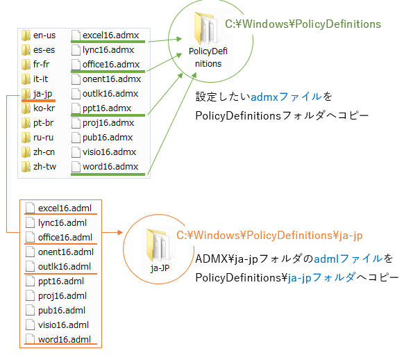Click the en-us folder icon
tap(26, 35)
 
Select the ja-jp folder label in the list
tap(42, 94)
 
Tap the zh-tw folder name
tap(44, 167)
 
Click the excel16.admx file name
tap(110, 35)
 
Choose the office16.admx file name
tap(111, 64)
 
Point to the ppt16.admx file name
tap(107, 108)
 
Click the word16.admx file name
tap(110, 167)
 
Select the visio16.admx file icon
tap(76, 152)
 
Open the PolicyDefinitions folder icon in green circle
tap(205, 28)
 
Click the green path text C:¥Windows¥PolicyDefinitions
tap(303, 24)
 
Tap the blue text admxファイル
tap(286, 97)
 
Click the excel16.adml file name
tap(65, 208)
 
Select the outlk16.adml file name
tap(65, 267)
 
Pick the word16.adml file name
tap(65, 339)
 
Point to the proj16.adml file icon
tap(30, 296)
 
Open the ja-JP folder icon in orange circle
tap(158, 245)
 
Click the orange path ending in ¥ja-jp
tap(269, 235)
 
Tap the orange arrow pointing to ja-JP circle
tap(112, 232)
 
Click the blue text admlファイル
tap(348, 259)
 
